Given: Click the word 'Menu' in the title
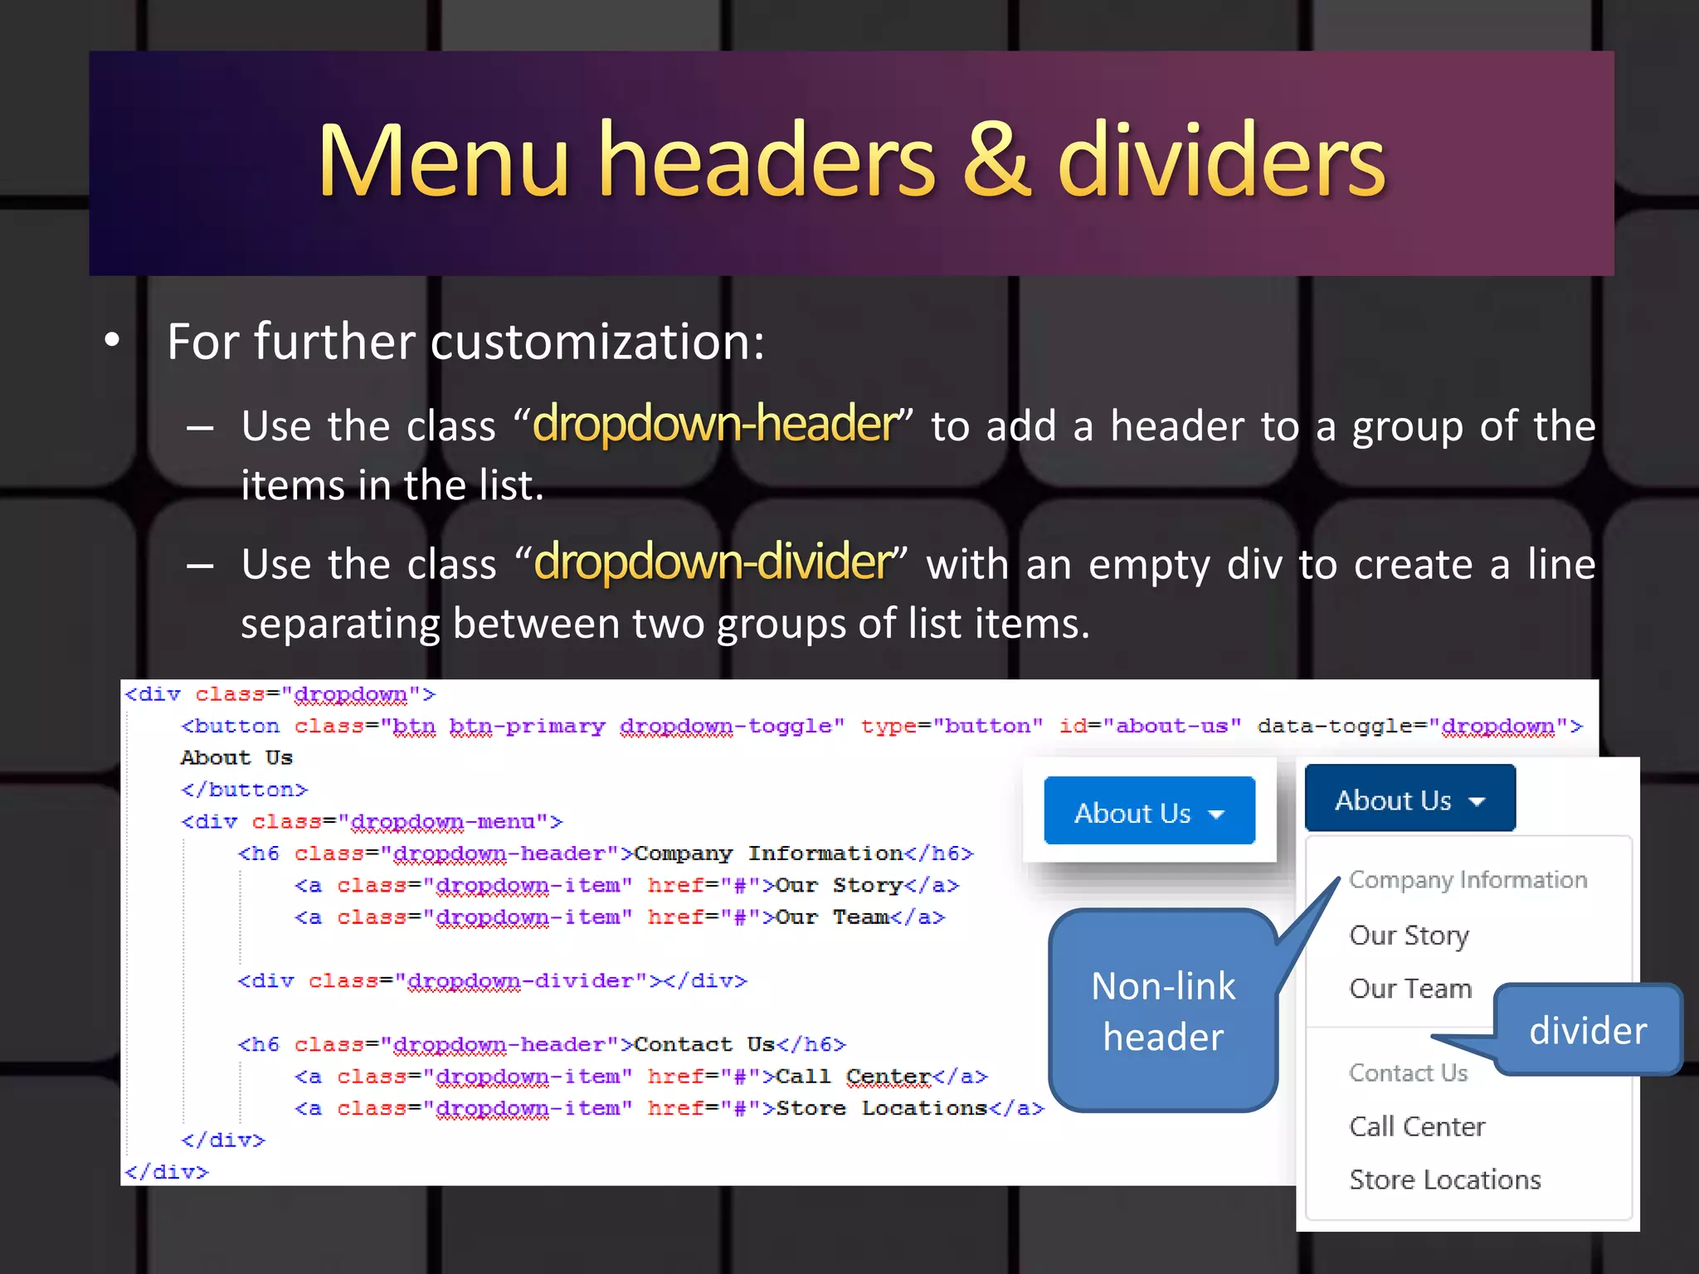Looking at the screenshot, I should point(443,160).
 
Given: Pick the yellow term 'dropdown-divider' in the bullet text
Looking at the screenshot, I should point(713,562).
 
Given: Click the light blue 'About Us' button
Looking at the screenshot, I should point(1149,811).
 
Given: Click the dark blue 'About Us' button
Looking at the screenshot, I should point(1409,799).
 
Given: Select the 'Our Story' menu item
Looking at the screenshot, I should point(1409,935).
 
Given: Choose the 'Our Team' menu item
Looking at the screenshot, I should point(1410,988).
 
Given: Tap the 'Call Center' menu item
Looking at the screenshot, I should point(1417,1126).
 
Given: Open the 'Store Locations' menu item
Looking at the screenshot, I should point(1444,1179).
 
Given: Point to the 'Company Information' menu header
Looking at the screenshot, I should point(1468,879).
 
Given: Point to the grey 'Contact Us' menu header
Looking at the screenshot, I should point(1408,1072).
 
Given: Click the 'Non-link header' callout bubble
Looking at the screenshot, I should point(1162,1011).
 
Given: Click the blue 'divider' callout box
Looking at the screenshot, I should point(1588,1029).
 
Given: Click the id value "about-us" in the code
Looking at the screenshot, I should point(1171,726).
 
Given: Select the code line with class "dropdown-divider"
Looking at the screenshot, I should point(492,981).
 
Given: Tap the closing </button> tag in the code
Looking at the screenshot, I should point(244,790).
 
